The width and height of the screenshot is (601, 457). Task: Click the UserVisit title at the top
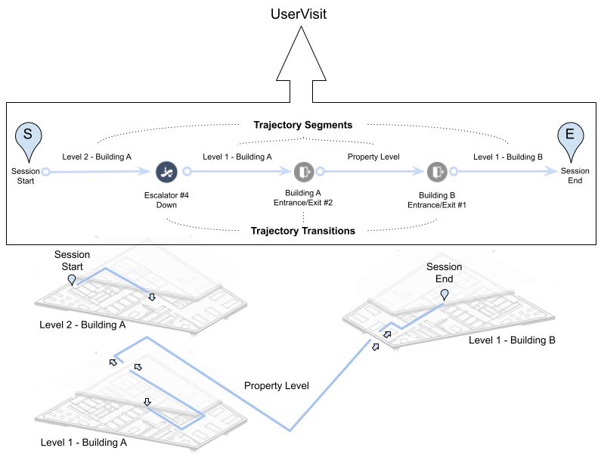[x=298, y=14]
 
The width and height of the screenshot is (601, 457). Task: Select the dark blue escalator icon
[x=166, y=172]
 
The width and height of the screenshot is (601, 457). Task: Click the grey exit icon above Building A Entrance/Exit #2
[x=304, y=172]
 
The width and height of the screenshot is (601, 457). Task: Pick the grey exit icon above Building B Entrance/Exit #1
[x=437, y=172]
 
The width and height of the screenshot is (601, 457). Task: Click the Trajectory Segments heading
[x=303, y=125]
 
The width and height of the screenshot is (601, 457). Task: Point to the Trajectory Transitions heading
[x=303, y=231]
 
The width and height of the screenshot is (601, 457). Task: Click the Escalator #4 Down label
[x=166, y=200]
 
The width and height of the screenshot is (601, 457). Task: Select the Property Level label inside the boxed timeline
[x=373, y=157]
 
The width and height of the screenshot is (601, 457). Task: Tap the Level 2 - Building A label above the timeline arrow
[x=97, y=157]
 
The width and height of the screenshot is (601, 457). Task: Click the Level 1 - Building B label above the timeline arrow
[x=508, y=157]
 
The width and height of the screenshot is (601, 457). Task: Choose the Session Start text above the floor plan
[x=72, y=260]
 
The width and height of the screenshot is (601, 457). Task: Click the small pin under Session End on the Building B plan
[x=445, y=294]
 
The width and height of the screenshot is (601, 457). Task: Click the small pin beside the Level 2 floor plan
[x=72, y=280]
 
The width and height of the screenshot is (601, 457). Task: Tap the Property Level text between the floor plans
[x=277, y=386]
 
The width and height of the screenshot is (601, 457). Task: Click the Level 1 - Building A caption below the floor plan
[x=84, y=443]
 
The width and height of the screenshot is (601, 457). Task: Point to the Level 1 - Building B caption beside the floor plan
[x=512, y=340]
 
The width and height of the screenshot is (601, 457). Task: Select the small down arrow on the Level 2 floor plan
[x=152, y=297]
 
